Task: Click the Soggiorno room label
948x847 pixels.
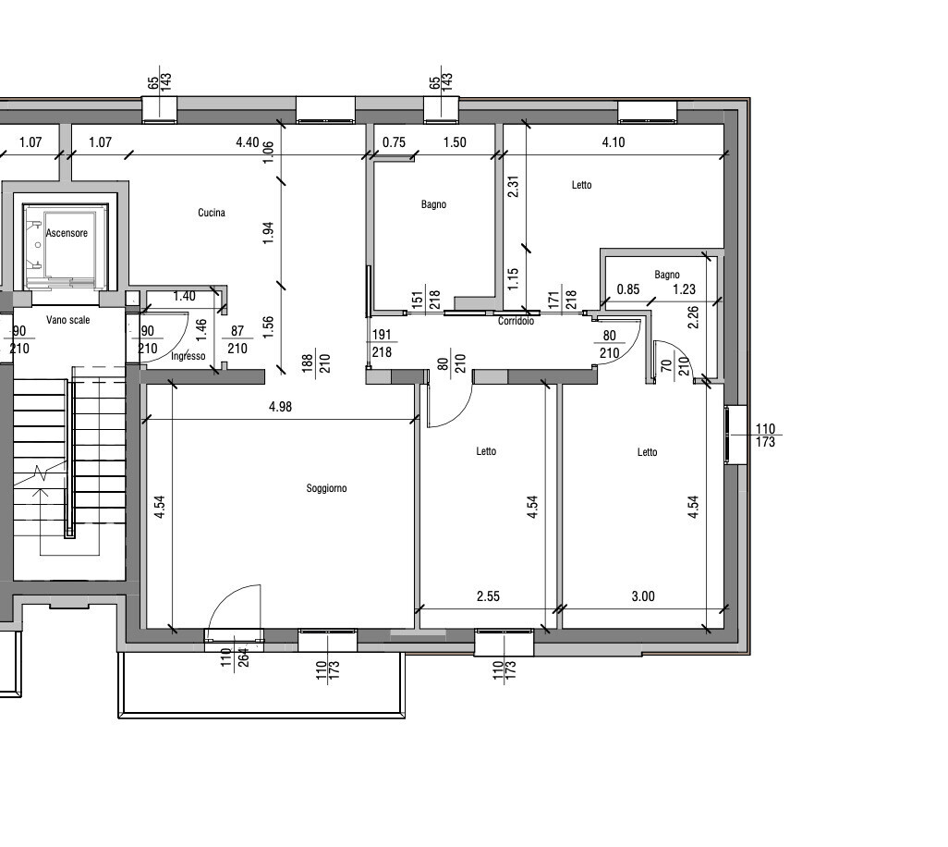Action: (x=326, y=488)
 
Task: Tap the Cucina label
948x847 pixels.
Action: (x=212, y=213)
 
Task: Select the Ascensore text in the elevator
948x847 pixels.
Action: (x=67, y=233)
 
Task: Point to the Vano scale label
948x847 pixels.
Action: (x=67, y=320)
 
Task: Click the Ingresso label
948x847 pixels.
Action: (x=188, y=356)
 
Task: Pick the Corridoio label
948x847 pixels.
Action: (x=516, y=321)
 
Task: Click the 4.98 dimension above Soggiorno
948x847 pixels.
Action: (x=281, y=407)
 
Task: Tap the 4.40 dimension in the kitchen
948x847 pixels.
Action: (x=248, y=142)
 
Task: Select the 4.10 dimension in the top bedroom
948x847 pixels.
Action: (x=614, y=142)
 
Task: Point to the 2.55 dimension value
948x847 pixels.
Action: (x=488, y=596)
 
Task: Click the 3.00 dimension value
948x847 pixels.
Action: (x=643, y=596)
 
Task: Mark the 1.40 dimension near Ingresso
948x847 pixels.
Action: (x=185, y=297)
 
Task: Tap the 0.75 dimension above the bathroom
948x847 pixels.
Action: (x=395, y=142)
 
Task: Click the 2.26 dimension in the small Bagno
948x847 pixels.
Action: (x=694, y=317)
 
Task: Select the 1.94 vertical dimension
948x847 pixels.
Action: (x=269, y=233)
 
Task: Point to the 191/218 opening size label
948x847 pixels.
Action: (x=383, y=343)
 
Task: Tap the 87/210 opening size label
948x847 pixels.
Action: (x=237, y=340)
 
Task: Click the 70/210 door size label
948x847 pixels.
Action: (x=675, y=366)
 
